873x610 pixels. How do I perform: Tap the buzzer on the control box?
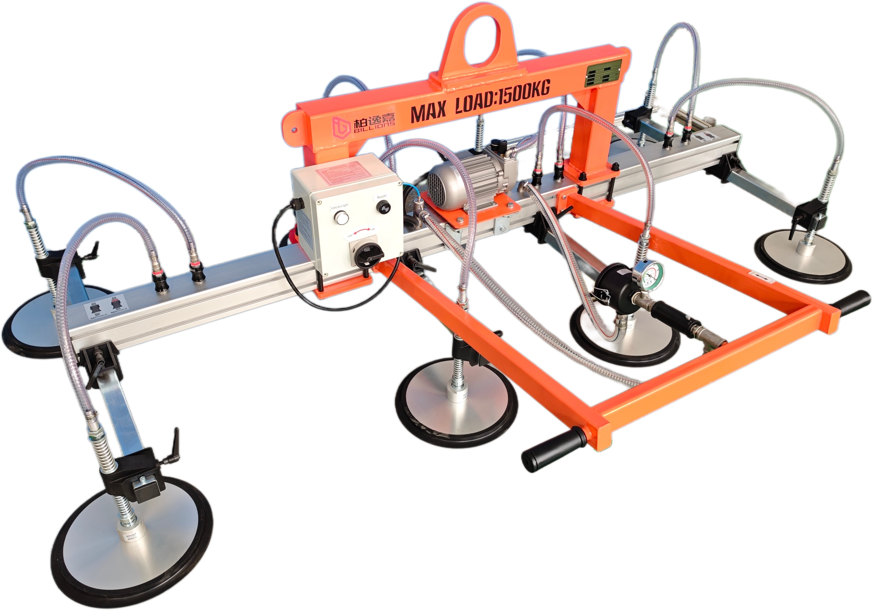[383, 207]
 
